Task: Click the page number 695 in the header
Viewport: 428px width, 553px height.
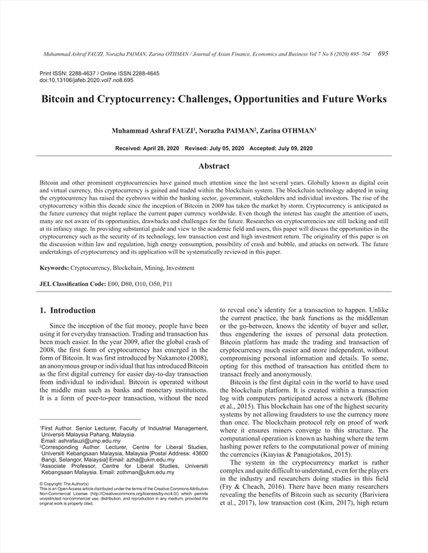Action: [382, 53]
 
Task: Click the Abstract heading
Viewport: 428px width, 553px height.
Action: [213, 166]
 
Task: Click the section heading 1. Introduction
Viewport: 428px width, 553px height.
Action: [68, 311]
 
